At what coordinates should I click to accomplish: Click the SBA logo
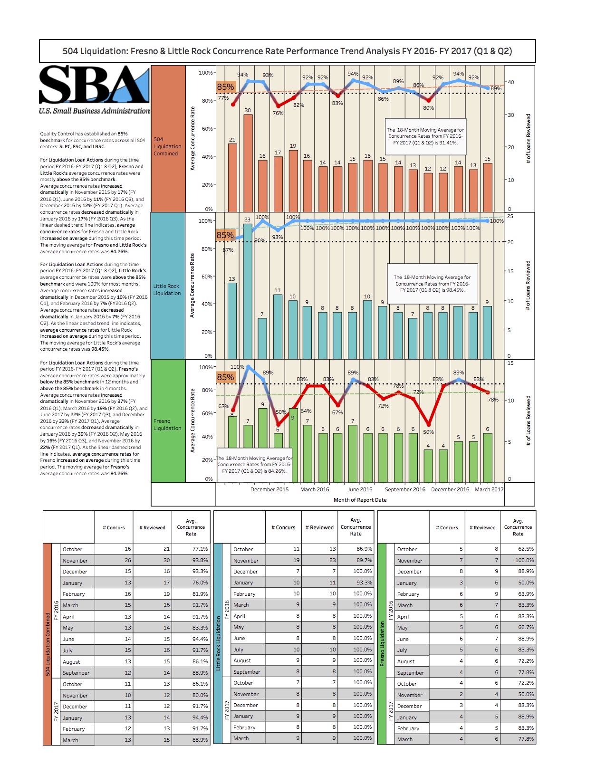pos(94,89)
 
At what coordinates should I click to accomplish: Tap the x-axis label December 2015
pos(269,489)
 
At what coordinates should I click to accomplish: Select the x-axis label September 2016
pos(405,489)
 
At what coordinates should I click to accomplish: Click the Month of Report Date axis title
pos(360,500)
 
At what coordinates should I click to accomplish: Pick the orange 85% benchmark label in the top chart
pos(225,87)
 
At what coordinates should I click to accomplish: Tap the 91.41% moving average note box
pos(425,136)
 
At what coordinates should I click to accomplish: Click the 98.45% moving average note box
pos(432,284)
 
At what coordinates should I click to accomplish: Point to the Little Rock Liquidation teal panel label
pos(167,290)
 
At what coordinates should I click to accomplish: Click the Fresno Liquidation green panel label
pos(167,425)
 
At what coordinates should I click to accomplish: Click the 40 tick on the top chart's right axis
pos(511,82)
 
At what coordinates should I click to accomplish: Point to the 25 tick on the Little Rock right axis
pos(510,217)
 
